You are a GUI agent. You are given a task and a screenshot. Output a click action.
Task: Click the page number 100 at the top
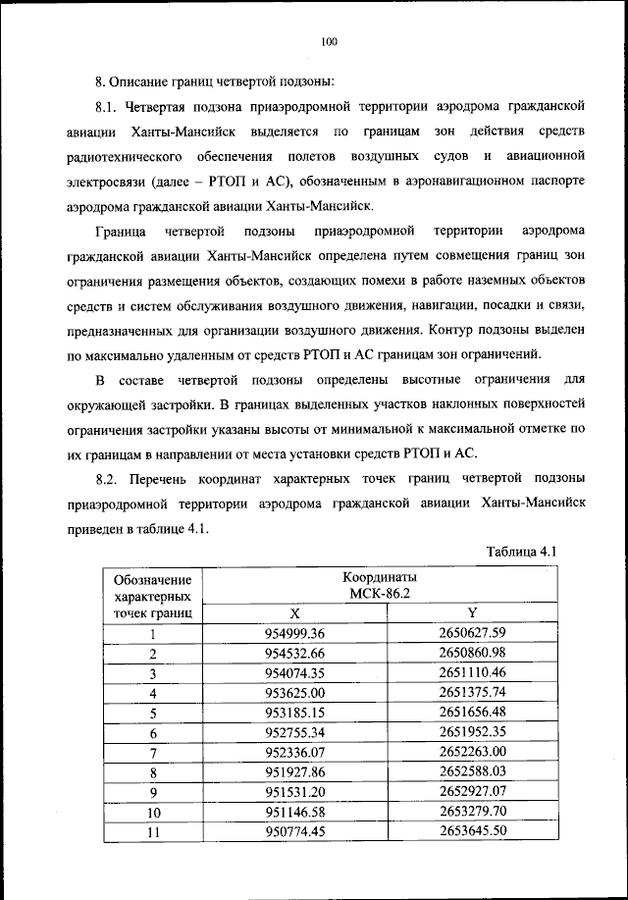(329, 40)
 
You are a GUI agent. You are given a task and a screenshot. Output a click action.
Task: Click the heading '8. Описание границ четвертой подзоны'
(217, 79)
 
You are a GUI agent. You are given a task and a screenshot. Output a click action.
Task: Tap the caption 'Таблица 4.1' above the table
(521, 552)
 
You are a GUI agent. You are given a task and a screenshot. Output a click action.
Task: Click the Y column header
(472, 611)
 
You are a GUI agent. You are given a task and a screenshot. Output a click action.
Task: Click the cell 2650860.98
(472, 653)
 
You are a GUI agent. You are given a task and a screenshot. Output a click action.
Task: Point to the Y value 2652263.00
(472, 753)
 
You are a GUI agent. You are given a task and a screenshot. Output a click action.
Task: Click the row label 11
(153, 832)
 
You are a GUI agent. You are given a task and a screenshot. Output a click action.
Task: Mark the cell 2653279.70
(472, 813)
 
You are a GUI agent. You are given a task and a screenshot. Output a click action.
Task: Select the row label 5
(153, 713)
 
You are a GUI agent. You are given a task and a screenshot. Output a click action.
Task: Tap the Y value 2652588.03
(472, 772)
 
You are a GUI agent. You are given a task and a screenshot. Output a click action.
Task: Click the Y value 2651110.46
(472, 673)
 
